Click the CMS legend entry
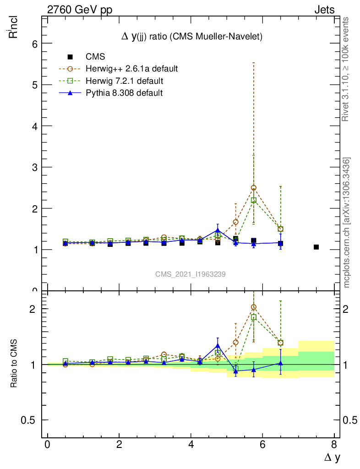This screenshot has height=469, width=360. pyautogui.click(x=95, y=57)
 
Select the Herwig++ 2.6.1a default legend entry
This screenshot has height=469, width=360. pyautogui.click(x=131, y=69)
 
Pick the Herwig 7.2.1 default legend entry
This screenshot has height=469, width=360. pyautogui.click(x=124, y=81)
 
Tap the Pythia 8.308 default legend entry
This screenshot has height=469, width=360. pyautogui.click(x=124, y=93)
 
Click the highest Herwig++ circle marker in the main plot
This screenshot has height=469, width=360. pyautogui.click(x=253, y=188)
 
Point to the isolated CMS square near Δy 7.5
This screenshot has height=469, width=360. pyautogui.click(x=316, y=247)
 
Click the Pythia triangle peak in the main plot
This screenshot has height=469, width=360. pyautogui.click(x=218, y=231)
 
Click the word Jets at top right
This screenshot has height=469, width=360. pyautogui.click(x=324, y=10)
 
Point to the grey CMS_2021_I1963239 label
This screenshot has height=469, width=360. pyautogui.click(x=190, y=274)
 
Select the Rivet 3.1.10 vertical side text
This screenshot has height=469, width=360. pyautogui.click(x=346, y=69)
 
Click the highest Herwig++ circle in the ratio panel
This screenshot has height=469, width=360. pyautogui.click(x=253, y=307)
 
